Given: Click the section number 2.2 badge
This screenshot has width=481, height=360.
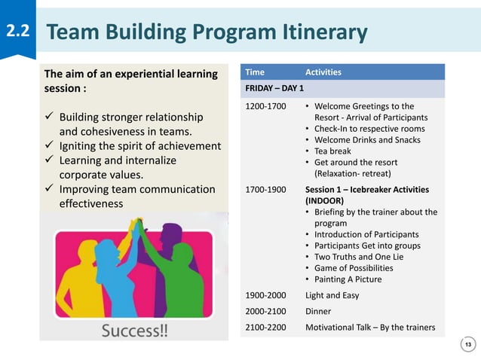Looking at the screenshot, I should (17, 32).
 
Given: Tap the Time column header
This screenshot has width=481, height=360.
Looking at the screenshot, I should (255, 72).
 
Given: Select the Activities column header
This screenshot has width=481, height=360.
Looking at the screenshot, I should (323, 72).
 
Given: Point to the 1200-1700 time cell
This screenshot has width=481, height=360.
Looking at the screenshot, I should (265, 107).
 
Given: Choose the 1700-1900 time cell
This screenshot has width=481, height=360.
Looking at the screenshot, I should (265, 189).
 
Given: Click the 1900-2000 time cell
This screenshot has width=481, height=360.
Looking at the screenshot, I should (265, 295).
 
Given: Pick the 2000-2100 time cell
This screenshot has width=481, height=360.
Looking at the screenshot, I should (265, 311).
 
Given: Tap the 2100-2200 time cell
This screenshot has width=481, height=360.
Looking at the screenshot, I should (265, 327).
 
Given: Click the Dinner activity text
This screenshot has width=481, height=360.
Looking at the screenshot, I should (317, 311).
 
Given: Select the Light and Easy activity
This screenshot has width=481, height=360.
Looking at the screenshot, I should (332, 295).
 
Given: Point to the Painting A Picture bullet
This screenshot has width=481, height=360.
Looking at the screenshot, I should (348, 279).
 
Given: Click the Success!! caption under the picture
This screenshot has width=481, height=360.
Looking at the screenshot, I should (135, 332).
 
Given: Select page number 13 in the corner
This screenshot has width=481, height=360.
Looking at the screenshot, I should (468, 345).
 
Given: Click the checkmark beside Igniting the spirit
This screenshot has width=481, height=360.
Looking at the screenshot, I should (50, 146).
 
